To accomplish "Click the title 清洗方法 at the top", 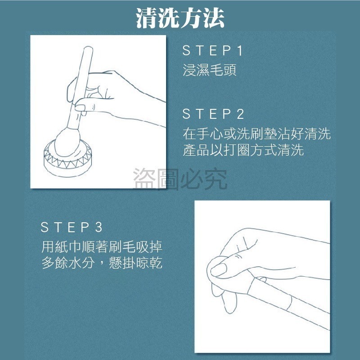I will pyautogui.click(x=180, y=18).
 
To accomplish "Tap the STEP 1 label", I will pyautogui.click(x=212, y=51).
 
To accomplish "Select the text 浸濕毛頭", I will pyautogui.click(x=210, y=71).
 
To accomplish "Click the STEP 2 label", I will pyautogui.click(x=213, y=114).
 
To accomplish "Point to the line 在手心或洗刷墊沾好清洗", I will pyautogui.click(x=256, y=134).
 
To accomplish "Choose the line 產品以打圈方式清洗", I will pyautogui.click(x=243, y=150).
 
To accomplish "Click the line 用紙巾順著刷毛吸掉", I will pyautogui.click(x=102, y=247).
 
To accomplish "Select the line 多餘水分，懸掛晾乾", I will pyautogui.click(x=102, y=263).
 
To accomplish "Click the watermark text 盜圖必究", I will pyautogui.click(x=180, y=178).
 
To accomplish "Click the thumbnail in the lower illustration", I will pyautogui.click(x=219, y=270).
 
